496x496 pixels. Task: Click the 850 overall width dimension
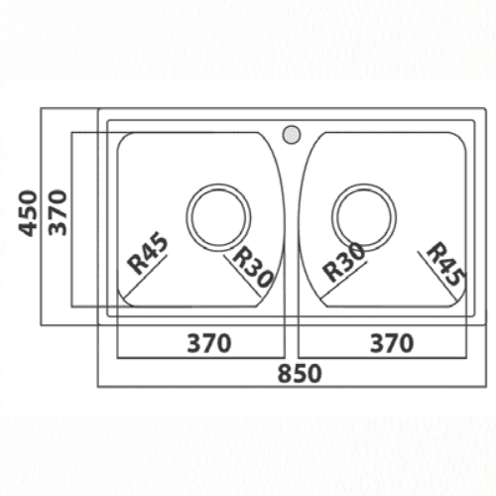coord(300,373)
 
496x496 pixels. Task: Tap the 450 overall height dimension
coord(28,213)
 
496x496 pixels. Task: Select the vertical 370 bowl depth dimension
coord(58,212)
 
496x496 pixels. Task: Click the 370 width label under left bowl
coord(209,343)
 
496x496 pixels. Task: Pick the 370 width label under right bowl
coord(392,343)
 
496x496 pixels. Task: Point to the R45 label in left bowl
coord(148,254)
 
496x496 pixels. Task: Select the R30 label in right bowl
coord(344,262)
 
